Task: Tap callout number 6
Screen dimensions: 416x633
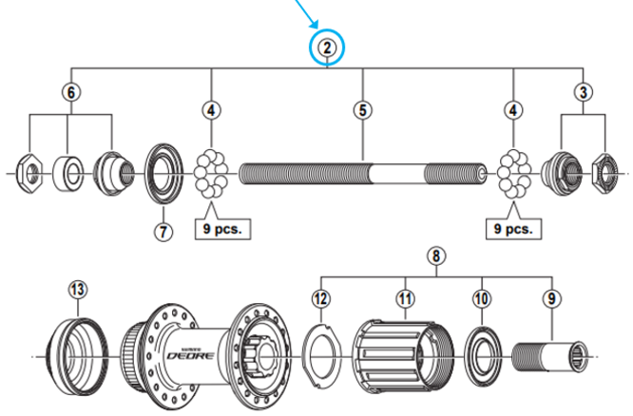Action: pyautogui.click(x=69, y=92)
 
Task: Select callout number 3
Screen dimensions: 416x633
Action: pyautogui.click(x=582, y=92)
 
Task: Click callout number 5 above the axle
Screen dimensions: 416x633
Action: pyautogui.click(x=362, y=110)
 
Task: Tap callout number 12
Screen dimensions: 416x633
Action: pyautogui.click(x=321, y=299)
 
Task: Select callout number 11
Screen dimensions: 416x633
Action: pyautogui.click(x=406, y=299)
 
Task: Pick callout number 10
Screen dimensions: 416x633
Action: pyautogui.click(x=482, y=299)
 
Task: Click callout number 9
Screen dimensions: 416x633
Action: pyautogui.click(x=551, y=299)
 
